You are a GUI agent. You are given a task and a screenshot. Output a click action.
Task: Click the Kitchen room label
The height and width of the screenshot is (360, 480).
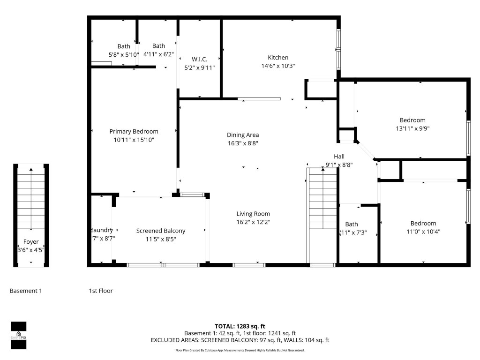pyautogui.click(x=278, y=58)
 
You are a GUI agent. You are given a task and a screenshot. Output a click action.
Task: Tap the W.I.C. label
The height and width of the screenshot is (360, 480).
pyautogui.click(x=199, y=59)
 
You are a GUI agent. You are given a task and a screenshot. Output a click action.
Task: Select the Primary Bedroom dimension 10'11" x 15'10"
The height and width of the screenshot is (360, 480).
pyautogui.click(x=134, y=140)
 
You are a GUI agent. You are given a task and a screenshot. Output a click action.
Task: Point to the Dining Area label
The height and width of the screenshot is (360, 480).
pyautogui.click(x=243, y=135)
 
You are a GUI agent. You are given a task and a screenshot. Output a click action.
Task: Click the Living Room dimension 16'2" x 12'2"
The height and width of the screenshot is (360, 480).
pyautogui.click(x=253, y=222)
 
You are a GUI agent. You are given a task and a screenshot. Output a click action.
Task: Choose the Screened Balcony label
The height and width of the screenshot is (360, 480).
pyautogui.click(x=161, y=231)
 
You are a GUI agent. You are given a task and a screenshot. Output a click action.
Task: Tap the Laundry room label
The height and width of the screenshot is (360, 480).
pyautogui.click(x=102, y=230)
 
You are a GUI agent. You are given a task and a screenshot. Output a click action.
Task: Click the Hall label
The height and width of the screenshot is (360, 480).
pyautogui.click(x=339, y=156)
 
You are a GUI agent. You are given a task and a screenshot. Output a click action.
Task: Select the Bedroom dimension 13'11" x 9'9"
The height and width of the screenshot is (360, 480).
pyautogui.click(x=412, y=128)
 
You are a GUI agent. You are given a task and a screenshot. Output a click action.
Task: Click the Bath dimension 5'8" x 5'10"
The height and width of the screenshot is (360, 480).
pyautogui.click(x=124, y=54)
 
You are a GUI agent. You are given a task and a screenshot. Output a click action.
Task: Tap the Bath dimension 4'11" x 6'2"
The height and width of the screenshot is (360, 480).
pyautogui.click(x=158, y=54)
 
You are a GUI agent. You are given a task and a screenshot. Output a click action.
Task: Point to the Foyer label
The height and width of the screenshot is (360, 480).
pyautogui.click(x=31, y=242)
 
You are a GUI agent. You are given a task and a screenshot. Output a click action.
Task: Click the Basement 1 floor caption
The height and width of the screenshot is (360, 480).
pyautogui.click(x=26, y=291)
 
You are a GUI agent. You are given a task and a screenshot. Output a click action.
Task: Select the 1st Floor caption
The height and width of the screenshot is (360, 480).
pyautogui.click(x=101, y=291)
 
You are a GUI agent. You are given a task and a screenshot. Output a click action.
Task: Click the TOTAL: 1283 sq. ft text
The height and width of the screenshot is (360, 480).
pyautogui.click(x=240, y=326)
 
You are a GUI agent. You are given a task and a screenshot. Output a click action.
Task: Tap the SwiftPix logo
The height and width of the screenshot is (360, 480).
pyautogui.click(x=18, y=335)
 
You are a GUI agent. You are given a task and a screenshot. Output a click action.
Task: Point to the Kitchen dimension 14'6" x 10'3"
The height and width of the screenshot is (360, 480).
pyautogui.click(x=278, y=66)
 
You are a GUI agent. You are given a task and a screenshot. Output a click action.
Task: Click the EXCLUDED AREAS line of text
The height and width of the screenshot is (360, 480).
pyautogui.click(x=240, y=340)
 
